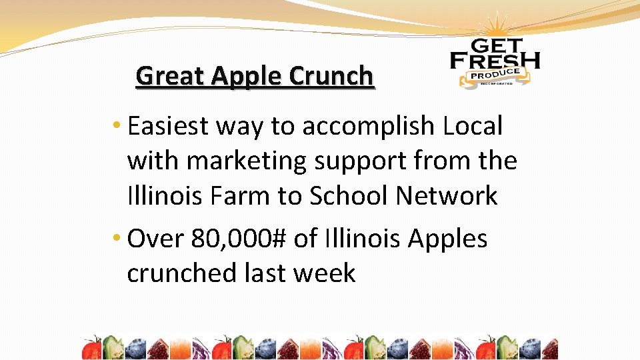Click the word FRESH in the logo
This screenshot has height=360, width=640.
[495, 61]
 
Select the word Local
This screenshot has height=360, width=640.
[471, 125]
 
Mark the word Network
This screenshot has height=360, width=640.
[447, 196]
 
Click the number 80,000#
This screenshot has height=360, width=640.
[237, 239]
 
